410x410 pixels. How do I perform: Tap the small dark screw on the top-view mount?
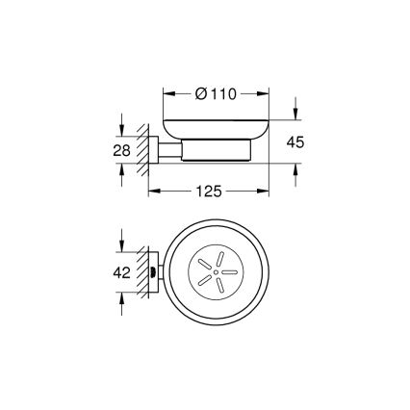point(155,272)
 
